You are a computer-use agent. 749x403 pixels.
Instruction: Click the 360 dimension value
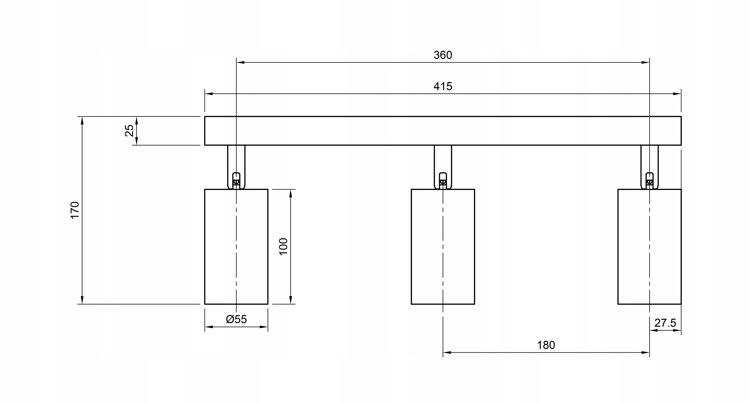pos(443,55)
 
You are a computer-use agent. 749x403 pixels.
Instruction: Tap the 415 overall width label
pos(443,86)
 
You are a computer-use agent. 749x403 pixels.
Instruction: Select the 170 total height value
pos(75,210)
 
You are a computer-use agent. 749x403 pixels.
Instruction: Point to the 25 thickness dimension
pos(129,131)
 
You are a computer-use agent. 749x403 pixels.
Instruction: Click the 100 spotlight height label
pos(284,246)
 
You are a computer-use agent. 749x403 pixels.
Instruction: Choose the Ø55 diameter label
pos(236,319)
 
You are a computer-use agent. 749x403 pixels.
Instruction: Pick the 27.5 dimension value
pos(665,323)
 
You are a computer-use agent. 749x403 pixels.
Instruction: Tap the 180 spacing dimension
pos(546,345)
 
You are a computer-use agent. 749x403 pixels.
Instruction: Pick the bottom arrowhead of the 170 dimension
pos(82,300)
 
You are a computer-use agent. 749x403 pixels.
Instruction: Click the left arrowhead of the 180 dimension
pos(447,352)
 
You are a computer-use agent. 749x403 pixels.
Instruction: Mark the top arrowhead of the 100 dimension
pos(291,194)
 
